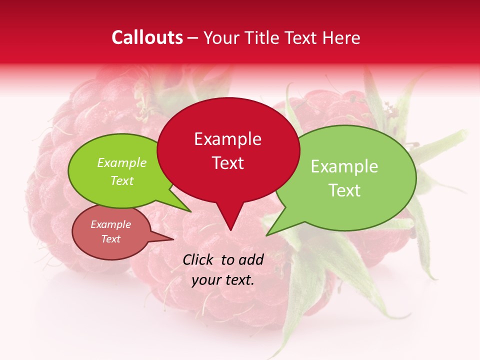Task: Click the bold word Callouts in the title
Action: point(147,37)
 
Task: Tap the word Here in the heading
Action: point(341,37)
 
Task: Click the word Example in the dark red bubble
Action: point(227,139)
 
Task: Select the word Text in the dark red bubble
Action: point(228,163)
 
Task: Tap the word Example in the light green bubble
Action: point(344,166)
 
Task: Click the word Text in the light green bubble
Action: point(344,190)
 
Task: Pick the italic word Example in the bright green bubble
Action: point(122,163)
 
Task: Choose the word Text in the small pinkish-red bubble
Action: point(111,239)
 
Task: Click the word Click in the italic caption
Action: point(198,259)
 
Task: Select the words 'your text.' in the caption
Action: point(223,280)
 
